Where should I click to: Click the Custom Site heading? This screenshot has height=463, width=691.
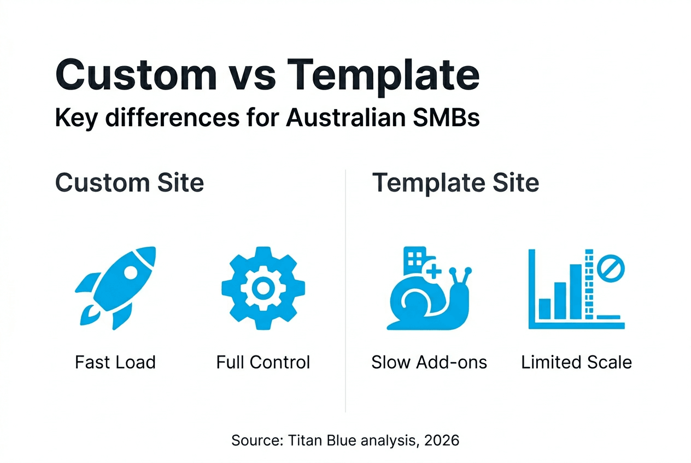[x=130, y=182]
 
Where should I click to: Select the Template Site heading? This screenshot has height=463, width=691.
[x=455, y=182]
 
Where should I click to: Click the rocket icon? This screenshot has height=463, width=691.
[x=115, y=287]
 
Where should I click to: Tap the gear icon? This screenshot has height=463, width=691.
[x=263, y=287]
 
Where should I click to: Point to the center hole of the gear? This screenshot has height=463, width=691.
[x=263, y=287]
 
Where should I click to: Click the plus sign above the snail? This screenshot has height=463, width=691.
[x=434, y=270]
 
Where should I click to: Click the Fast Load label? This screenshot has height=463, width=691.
[x=115, y=362]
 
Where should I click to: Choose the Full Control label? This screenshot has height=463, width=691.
[x=263, y=362]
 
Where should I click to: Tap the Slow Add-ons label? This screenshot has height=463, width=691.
[x=429, y=362]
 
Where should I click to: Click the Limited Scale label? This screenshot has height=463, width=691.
[x=576, y=362]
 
